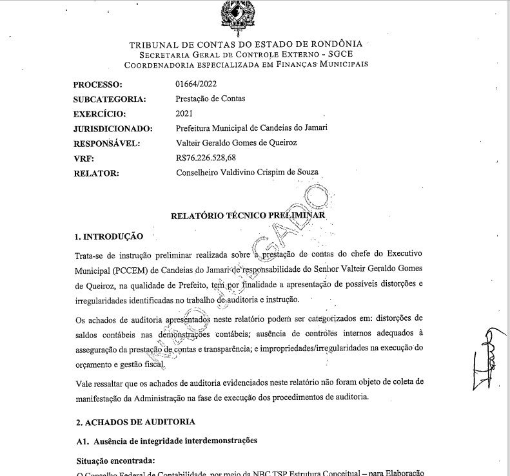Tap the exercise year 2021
[x=184, y=113]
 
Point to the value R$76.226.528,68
[x=206, y=158]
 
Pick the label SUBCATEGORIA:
[x=110, y=99]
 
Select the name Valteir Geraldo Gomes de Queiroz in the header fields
[x=236, y=143]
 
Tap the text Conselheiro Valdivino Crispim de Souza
[x=247, y=172]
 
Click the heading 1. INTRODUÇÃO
[x=108, y=237]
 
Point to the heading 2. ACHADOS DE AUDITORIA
[x=135, y=422]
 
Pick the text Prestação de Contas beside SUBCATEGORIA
[x=210, y=99]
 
